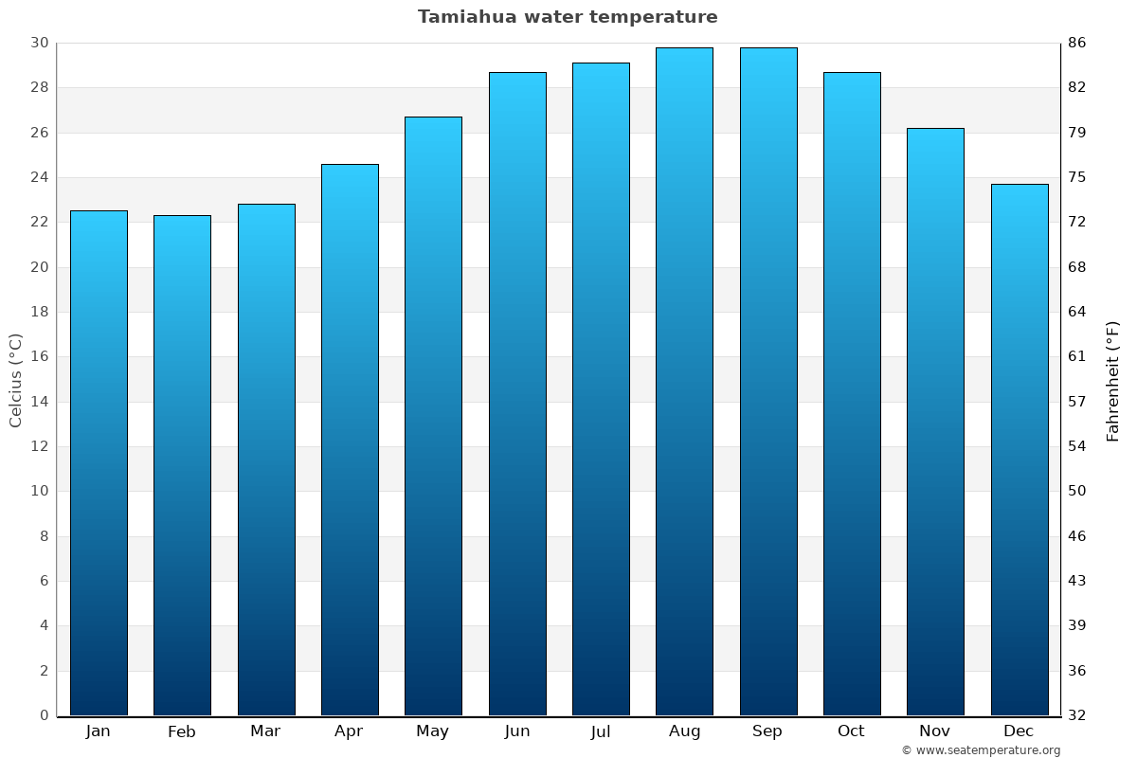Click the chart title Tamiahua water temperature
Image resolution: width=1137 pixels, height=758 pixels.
point(568,17)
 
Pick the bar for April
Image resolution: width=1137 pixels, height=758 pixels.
point(350,440)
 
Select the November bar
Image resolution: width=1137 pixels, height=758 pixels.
point(935,422)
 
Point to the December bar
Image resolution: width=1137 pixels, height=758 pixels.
point(1020,449)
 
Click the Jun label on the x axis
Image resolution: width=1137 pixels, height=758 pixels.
point(517,731)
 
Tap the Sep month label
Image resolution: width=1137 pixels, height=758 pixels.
point(767,731)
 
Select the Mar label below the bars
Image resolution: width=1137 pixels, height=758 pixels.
point(265,731)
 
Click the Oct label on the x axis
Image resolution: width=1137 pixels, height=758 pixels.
point(851,731)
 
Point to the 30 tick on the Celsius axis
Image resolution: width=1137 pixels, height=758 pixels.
point(39,43)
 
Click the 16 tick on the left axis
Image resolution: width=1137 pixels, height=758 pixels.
point(39,356)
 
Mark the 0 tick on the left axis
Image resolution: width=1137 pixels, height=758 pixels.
point(44,715)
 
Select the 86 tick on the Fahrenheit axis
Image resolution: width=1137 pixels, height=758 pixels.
point(1077,43)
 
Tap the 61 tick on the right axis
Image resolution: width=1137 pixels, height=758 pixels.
point(1077,356)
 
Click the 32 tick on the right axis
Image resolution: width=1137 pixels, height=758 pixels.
point(1077,715)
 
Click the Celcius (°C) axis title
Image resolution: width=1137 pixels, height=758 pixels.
point(15,380)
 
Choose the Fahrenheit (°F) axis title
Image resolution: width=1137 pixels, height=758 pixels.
point(1113,380)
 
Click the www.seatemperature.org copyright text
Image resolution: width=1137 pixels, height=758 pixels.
point(981,750)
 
